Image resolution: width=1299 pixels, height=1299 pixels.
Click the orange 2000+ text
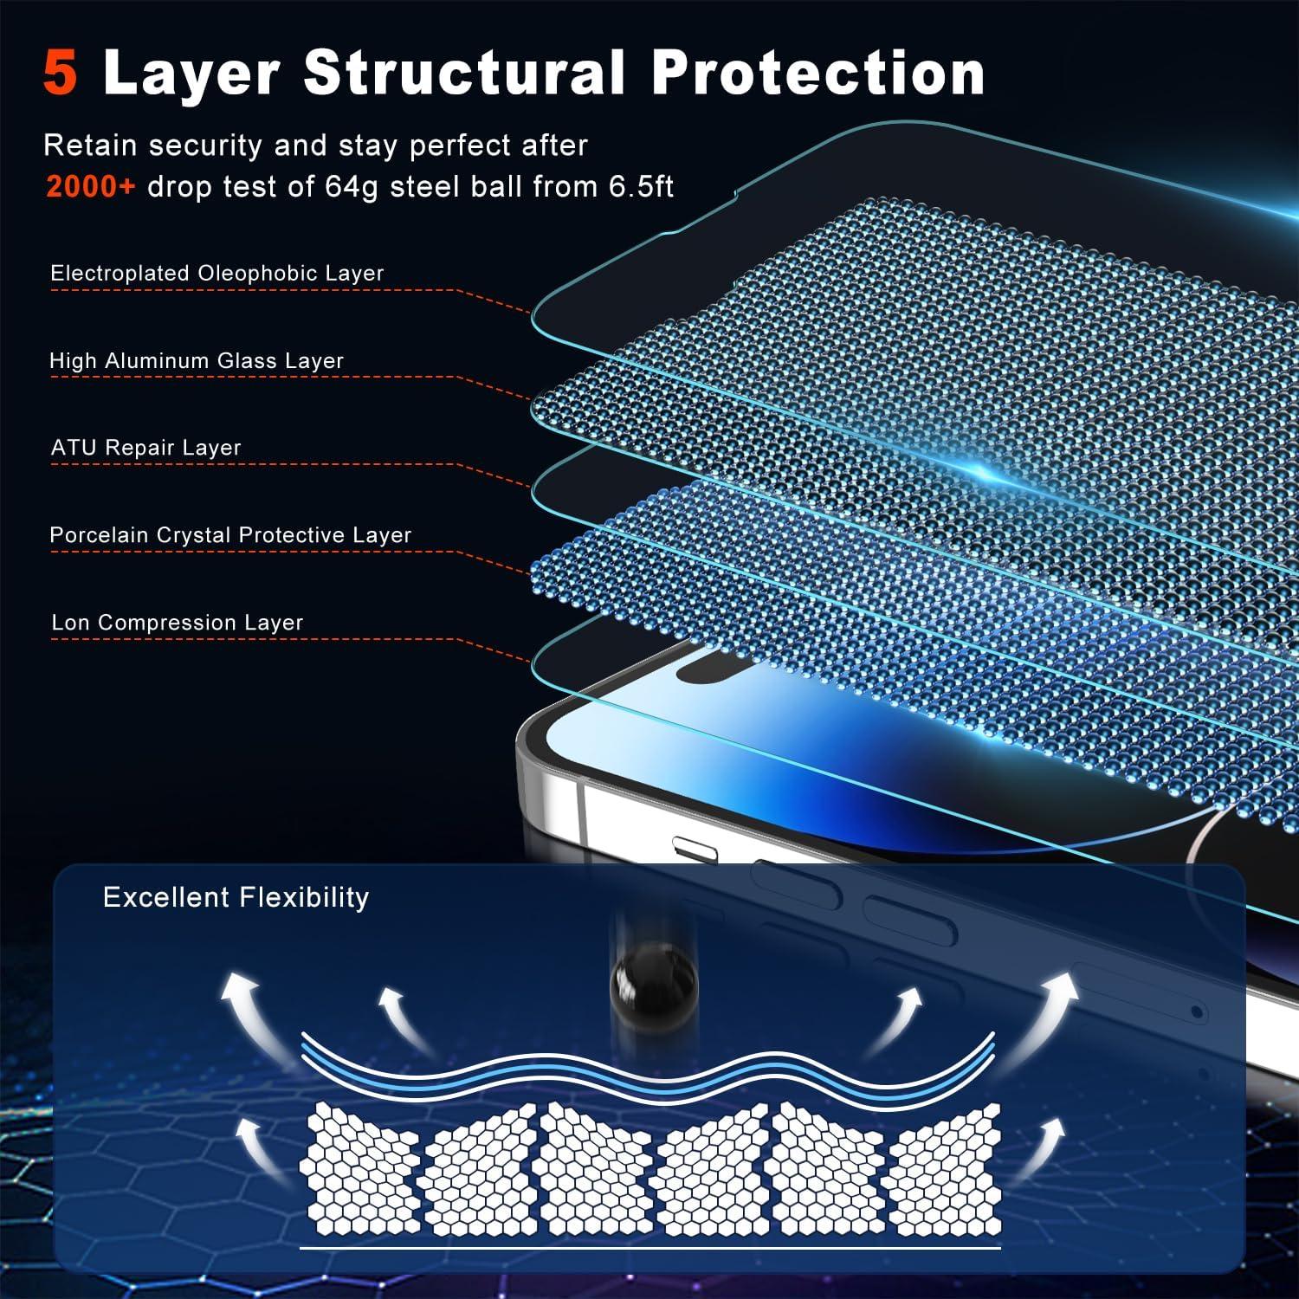91,186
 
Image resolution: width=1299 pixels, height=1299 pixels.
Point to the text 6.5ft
641,186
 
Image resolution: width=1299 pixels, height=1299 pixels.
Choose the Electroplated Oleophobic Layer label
217,273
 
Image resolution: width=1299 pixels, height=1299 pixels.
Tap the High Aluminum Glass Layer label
197,360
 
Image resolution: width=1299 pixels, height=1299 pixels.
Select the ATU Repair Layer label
145,448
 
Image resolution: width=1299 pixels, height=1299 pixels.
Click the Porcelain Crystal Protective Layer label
230,535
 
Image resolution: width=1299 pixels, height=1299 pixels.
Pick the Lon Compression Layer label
178,623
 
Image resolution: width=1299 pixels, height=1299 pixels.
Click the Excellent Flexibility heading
236,897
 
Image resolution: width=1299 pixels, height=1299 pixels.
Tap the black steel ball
654,985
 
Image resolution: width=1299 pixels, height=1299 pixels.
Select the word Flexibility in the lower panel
303,897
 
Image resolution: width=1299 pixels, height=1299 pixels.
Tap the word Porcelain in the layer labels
99,535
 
